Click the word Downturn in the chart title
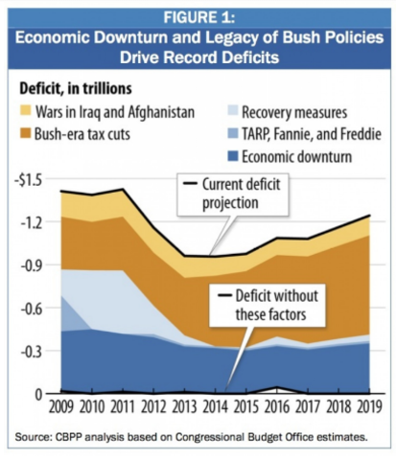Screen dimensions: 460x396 146,39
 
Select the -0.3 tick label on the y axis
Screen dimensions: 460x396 32,352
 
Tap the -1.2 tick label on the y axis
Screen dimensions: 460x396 32,222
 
